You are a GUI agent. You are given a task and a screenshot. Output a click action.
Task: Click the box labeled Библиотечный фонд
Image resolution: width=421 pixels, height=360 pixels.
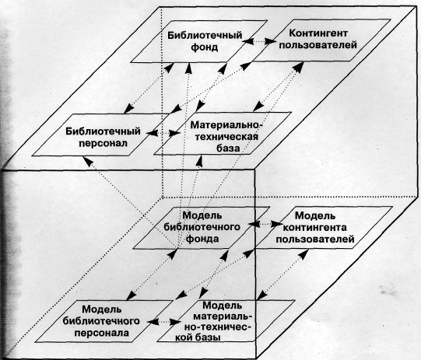point(199,41)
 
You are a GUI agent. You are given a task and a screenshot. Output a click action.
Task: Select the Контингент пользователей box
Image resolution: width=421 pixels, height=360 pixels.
point(318,40)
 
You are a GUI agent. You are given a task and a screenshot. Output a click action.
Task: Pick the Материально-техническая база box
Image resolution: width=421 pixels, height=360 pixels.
point(223,134)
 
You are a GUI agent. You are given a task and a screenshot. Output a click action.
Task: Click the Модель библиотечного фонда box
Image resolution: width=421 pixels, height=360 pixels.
point(201,228)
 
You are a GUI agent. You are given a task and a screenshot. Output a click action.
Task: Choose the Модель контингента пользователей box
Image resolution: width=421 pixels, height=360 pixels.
point(321,227)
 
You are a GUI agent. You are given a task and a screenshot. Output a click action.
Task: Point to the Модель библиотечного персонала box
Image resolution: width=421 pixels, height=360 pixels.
point(104,321)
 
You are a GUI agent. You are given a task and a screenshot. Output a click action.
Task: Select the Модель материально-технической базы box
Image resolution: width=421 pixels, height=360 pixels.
point(226,321)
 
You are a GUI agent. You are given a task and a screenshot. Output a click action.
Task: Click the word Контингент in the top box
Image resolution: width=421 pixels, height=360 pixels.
point(318,33)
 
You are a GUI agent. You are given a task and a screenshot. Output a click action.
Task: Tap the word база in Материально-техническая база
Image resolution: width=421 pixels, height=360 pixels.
point(228,148)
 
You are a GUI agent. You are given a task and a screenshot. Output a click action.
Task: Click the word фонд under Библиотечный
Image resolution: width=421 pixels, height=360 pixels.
point(205,47)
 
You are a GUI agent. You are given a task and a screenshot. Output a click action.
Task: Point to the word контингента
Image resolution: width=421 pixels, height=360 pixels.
point(315,227)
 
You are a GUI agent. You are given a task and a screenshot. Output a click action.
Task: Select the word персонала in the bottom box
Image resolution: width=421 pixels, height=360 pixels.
point(102,333)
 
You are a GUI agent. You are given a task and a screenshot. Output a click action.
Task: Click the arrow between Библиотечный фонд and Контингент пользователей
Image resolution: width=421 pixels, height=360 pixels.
point(259,41)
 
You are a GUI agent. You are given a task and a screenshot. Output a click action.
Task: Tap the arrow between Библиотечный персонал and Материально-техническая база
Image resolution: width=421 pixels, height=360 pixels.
point(163,133)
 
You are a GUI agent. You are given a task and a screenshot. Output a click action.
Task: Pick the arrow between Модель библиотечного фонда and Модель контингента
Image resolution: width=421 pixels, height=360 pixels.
point(266,223)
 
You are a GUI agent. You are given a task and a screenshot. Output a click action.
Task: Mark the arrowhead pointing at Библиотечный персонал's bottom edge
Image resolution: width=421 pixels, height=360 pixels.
point(88,161)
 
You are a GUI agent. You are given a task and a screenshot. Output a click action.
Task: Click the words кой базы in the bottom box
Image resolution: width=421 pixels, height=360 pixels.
point(198,337)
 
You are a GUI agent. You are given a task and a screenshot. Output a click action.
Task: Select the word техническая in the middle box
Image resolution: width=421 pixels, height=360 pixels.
point(227,137)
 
